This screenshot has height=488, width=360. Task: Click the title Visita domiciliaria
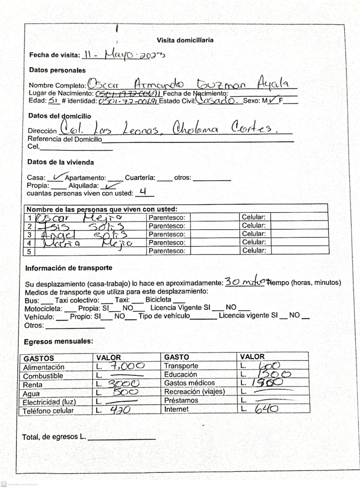pyautogui.click(x=185, y=40)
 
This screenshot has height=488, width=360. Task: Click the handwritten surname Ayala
pyautogui.click(x=273, y=83)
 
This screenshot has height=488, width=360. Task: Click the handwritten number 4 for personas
pyautogui.click(x=143, y=192)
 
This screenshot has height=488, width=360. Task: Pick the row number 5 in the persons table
pyautogui.click(x=30, y=252)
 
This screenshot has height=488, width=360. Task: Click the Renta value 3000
pyautogui.click(x=124, y=384)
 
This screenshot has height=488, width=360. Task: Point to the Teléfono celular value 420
pyautogui.click(x=120, y=410)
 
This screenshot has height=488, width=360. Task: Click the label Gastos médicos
pyautogui.click(x=189, y=383)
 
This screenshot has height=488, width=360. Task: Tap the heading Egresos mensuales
pyautogui.click(x=59, y=342)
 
